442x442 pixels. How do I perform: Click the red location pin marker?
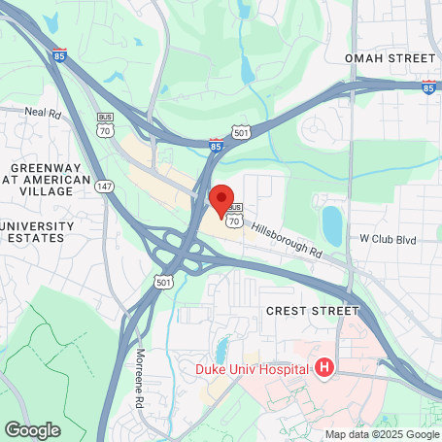221,200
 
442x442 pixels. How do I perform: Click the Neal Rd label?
43,112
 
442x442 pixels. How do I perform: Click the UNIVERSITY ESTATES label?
37,231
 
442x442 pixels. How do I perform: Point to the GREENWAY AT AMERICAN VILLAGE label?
45,181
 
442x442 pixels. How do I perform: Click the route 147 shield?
106,186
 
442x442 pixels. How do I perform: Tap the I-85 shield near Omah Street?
428,87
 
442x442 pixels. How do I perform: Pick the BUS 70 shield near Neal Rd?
105,123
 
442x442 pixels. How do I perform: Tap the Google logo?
32,429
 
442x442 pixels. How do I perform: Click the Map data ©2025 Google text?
382,434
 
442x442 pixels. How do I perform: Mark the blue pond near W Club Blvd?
331,224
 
